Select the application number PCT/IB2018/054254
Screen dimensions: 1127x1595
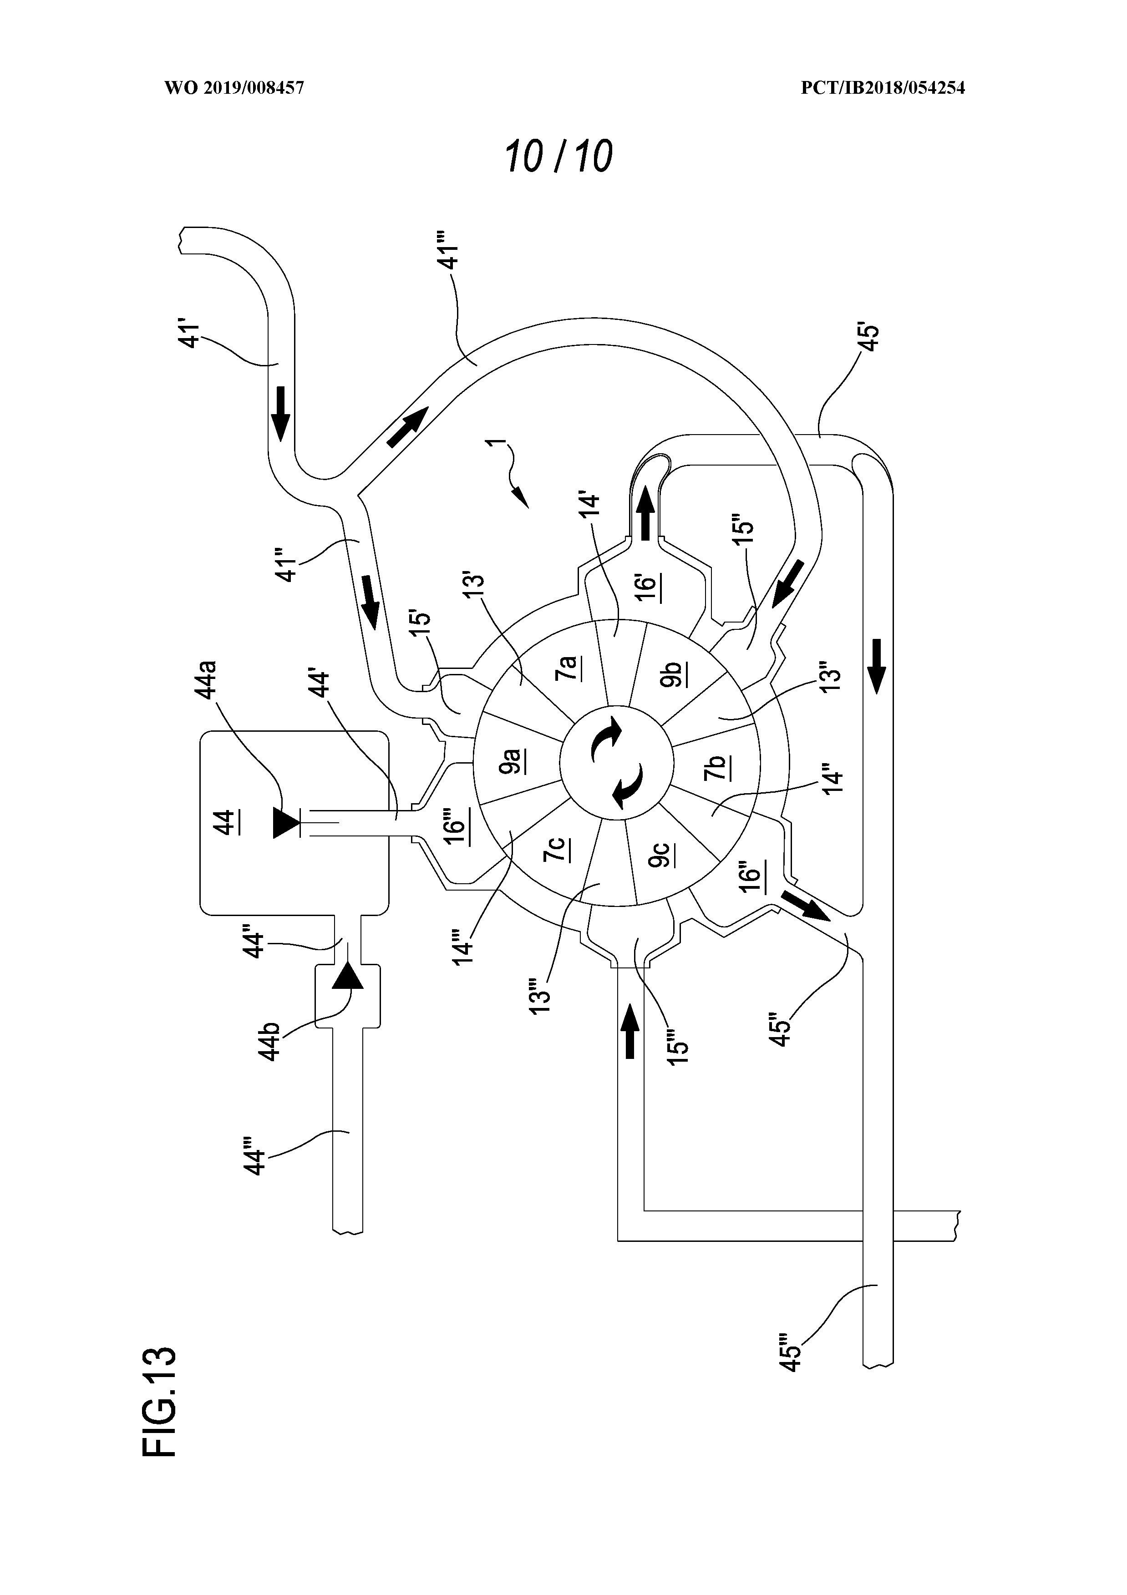[x=883, y=87]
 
